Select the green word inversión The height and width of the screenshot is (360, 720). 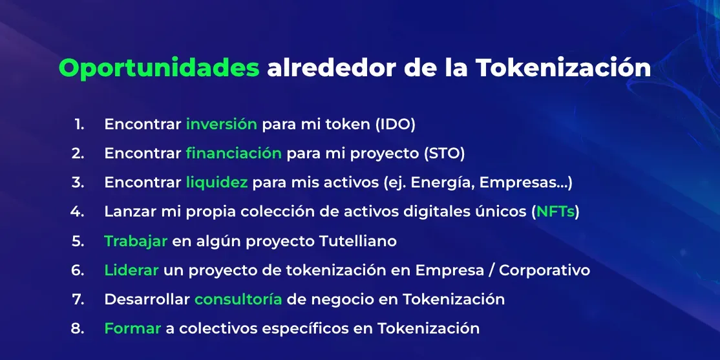click(221, 125)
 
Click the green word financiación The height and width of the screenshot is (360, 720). click(234, 153)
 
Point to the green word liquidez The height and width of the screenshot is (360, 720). click(217, 183)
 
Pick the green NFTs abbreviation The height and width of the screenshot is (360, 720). click(556, 212)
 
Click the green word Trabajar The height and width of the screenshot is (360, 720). click(136, 242)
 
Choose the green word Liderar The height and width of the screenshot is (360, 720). click(131, 270)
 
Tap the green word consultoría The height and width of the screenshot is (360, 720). click(238, 299)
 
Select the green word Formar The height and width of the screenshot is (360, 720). click(132, 329)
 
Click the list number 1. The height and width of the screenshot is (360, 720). click(79, 125)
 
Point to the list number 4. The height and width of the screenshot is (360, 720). click(77, 212)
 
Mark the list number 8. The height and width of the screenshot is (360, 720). click(78, 329)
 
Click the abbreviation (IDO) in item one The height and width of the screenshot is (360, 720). click(396, 125)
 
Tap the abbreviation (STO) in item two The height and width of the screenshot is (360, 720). click(444, 154)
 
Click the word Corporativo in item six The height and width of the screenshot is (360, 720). click(544, 271)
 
